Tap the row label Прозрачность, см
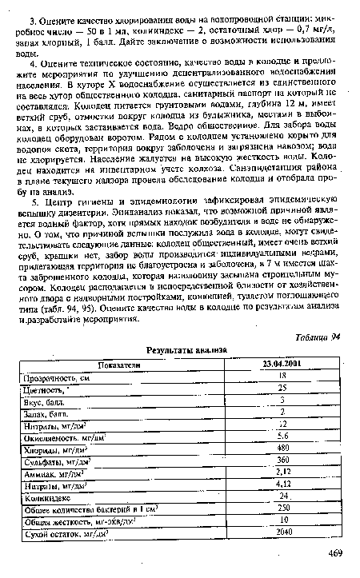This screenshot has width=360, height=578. (x=58, y=376)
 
